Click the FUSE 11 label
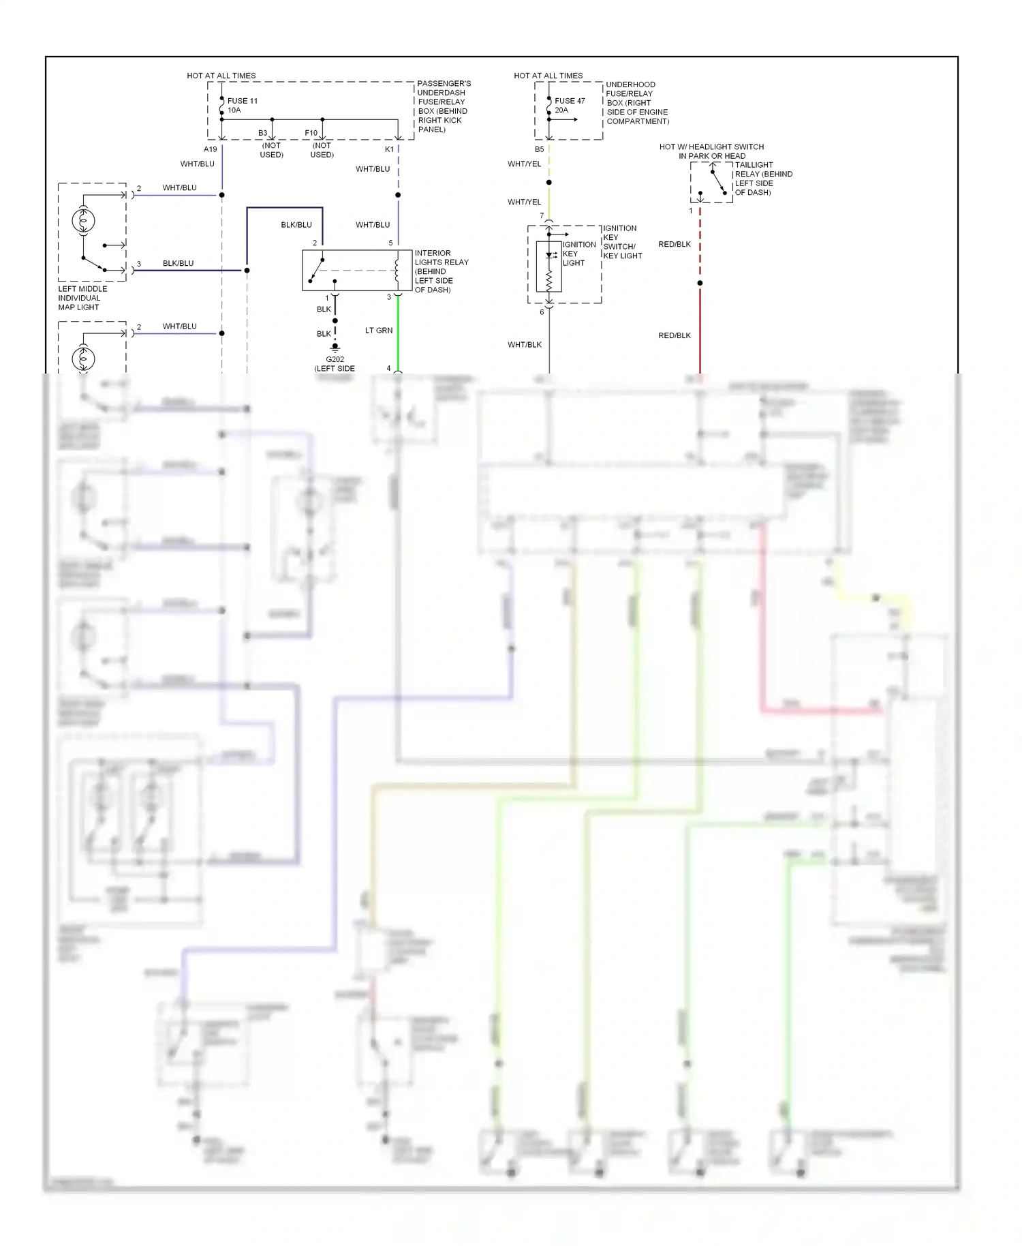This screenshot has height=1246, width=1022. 242,101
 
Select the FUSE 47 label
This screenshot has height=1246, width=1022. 570,101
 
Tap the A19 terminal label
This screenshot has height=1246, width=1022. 210,149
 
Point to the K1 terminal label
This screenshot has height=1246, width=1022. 389,149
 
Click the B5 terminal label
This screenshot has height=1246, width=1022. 539,149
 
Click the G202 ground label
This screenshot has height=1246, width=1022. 335,359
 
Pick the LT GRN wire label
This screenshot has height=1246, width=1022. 379,331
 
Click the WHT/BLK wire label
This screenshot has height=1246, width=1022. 525,345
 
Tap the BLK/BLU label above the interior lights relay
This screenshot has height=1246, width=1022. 296,225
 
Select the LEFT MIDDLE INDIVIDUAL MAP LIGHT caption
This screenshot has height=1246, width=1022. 82,298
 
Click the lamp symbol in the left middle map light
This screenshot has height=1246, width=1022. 83,221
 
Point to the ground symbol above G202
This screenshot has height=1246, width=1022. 335,348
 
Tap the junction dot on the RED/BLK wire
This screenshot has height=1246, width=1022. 700,283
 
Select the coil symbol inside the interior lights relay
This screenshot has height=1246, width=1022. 397,269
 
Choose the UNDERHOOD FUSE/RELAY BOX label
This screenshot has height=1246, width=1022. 637,103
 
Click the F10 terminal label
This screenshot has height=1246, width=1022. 311,133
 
